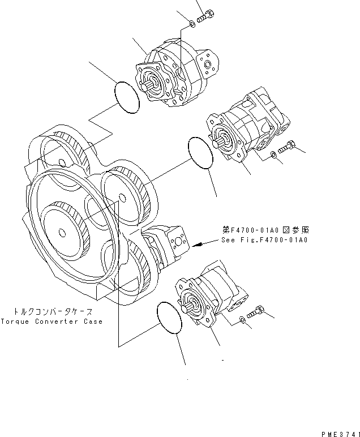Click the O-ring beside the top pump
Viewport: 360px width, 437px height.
127,96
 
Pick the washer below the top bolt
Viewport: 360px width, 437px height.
193,24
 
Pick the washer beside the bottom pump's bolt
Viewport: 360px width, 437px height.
242,320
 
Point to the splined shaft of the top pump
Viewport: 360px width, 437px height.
151,87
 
